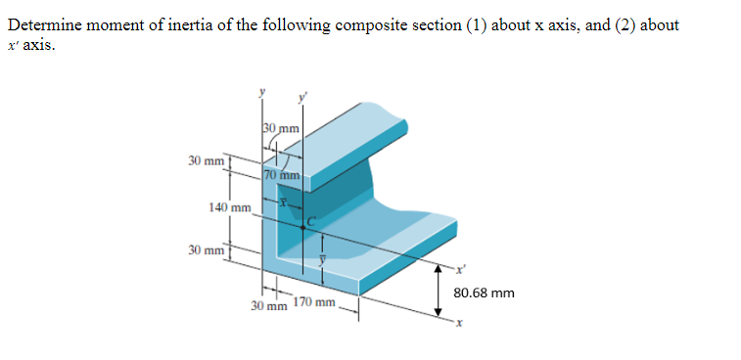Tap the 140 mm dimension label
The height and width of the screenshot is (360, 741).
click(231, 207)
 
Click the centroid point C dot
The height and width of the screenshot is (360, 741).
click(303, 226)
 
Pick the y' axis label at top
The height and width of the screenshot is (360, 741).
click(303, 96)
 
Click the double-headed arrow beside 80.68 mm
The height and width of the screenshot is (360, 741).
click(439, 292)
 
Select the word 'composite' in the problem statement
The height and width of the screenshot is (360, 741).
click(371, 24)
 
